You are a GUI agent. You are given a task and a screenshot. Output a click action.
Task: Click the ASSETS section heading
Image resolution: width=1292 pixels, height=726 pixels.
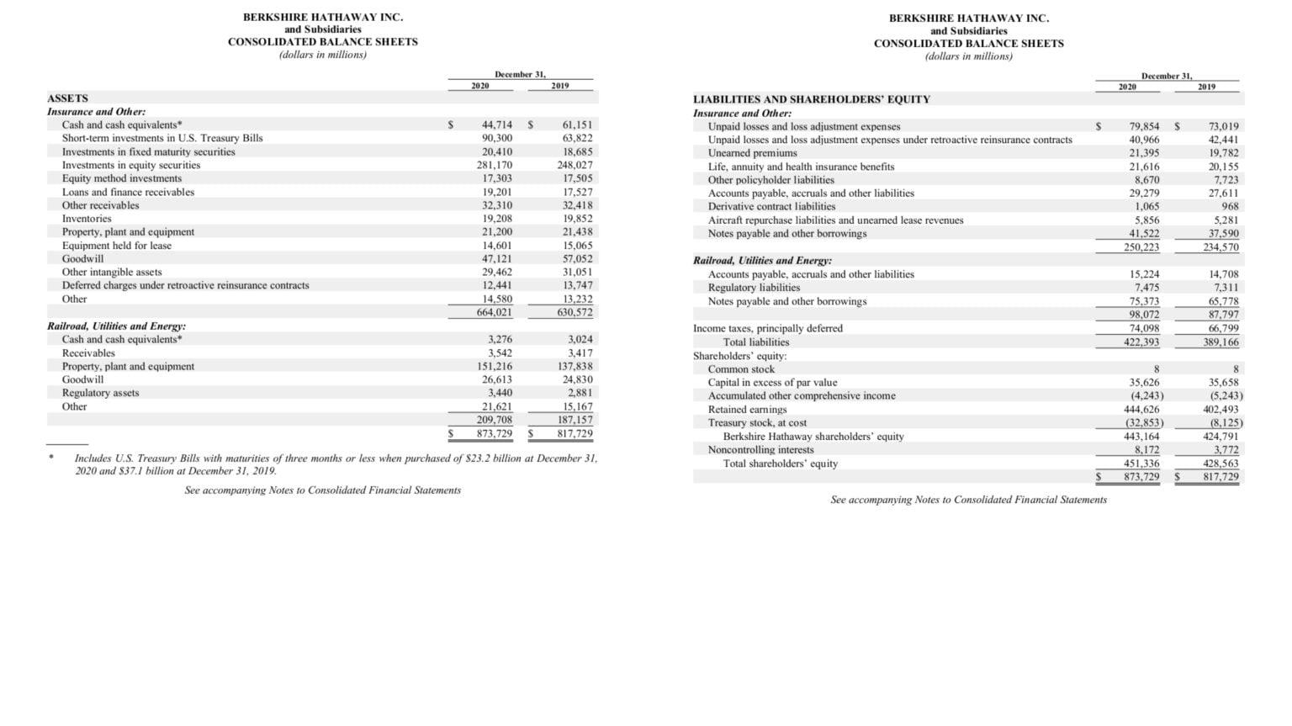point(67,98)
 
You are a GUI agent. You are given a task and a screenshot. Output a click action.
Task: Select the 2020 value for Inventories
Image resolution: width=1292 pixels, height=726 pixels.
point(496,219)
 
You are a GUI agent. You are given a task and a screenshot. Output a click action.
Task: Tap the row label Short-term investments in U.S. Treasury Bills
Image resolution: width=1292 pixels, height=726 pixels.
point(162,138)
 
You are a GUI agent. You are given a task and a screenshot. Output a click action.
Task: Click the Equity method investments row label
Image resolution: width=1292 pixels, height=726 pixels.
point(122,178)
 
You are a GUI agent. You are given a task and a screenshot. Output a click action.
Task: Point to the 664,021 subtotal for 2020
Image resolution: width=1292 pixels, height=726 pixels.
point(495,312)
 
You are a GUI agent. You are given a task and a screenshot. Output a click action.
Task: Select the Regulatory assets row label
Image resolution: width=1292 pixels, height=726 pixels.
point(101,393)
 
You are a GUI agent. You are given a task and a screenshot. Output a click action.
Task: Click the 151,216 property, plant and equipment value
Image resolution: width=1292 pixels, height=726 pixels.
point(495,366)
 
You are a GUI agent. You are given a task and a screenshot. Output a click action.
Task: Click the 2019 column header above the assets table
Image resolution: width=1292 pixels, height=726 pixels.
point(559,86)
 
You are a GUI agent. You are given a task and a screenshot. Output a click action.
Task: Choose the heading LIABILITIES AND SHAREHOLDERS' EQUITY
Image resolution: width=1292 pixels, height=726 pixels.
point(811,99)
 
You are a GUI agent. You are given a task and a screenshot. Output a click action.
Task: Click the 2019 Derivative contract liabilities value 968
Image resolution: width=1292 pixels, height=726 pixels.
point(1230,206)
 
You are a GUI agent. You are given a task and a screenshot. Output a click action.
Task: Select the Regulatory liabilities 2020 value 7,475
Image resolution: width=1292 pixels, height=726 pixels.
point(1146,288)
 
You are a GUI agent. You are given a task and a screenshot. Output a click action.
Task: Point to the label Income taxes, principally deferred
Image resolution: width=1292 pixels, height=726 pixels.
point(767,328)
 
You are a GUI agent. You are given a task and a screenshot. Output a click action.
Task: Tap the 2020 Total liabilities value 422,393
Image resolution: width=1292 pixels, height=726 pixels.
point(1141,342)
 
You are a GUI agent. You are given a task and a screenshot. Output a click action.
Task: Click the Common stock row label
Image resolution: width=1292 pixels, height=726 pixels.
point(741,369)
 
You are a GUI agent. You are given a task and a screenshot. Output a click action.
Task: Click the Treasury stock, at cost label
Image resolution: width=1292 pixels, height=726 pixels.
point(757,423)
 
